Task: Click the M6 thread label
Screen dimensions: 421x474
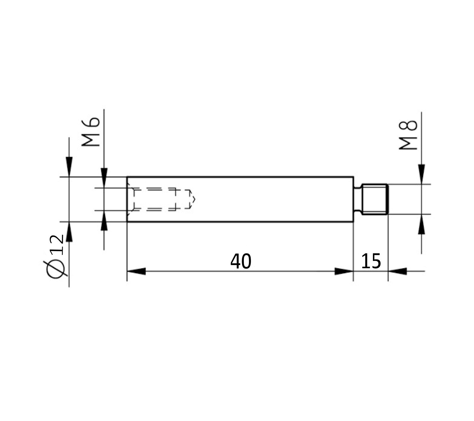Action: click(91, 132)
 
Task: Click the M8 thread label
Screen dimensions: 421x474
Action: click(408, 135)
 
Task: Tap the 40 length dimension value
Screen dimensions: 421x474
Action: click(241, 262)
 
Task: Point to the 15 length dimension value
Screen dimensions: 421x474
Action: click(371, 262)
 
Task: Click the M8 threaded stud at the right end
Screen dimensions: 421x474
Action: click(374, 199)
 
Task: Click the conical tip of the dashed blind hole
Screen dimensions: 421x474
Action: click(193, 199)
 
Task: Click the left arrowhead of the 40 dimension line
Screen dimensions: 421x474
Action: click(136, 271)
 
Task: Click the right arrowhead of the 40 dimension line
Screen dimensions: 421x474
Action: click(344, 271)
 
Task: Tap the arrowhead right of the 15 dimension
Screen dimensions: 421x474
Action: click(398, 271)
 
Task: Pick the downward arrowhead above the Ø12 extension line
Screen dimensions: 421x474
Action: click(69, 166)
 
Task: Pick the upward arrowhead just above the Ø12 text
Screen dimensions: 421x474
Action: click(69, 232)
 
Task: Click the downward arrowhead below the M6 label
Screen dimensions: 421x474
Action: click(104, 178)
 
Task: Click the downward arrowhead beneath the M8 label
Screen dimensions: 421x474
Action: click(421, 174)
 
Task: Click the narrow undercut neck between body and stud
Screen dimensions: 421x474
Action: click(358, 199)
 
